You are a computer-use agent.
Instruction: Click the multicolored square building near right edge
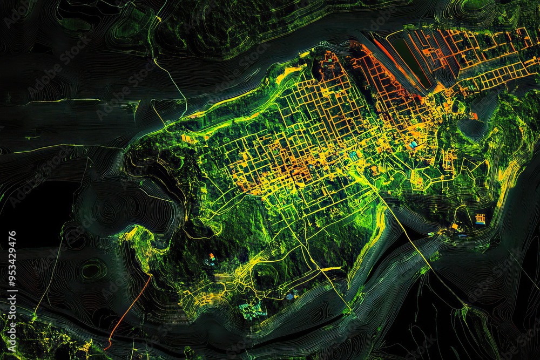pos(480,218)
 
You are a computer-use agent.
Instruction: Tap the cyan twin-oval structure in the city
pos(413,145)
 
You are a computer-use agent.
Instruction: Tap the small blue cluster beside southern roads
pos(292,295)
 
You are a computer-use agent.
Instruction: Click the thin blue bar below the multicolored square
pos(462,235)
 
